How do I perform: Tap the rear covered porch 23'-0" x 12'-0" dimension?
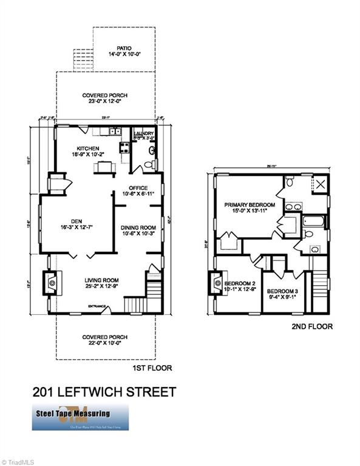[106, 103]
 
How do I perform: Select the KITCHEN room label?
[87, 148]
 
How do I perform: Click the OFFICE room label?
[138, 187]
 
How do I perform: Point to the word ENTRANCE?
[97, 306]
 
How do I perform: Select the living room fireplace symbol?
[50, 282]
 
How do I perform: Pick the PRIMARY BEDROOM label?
[250, 205]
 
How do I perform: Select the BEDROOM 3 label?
[284, 290]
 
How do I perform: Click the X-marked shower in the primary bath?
[321, 184]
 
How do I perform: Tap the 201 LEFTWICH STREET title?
[104, 391]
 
